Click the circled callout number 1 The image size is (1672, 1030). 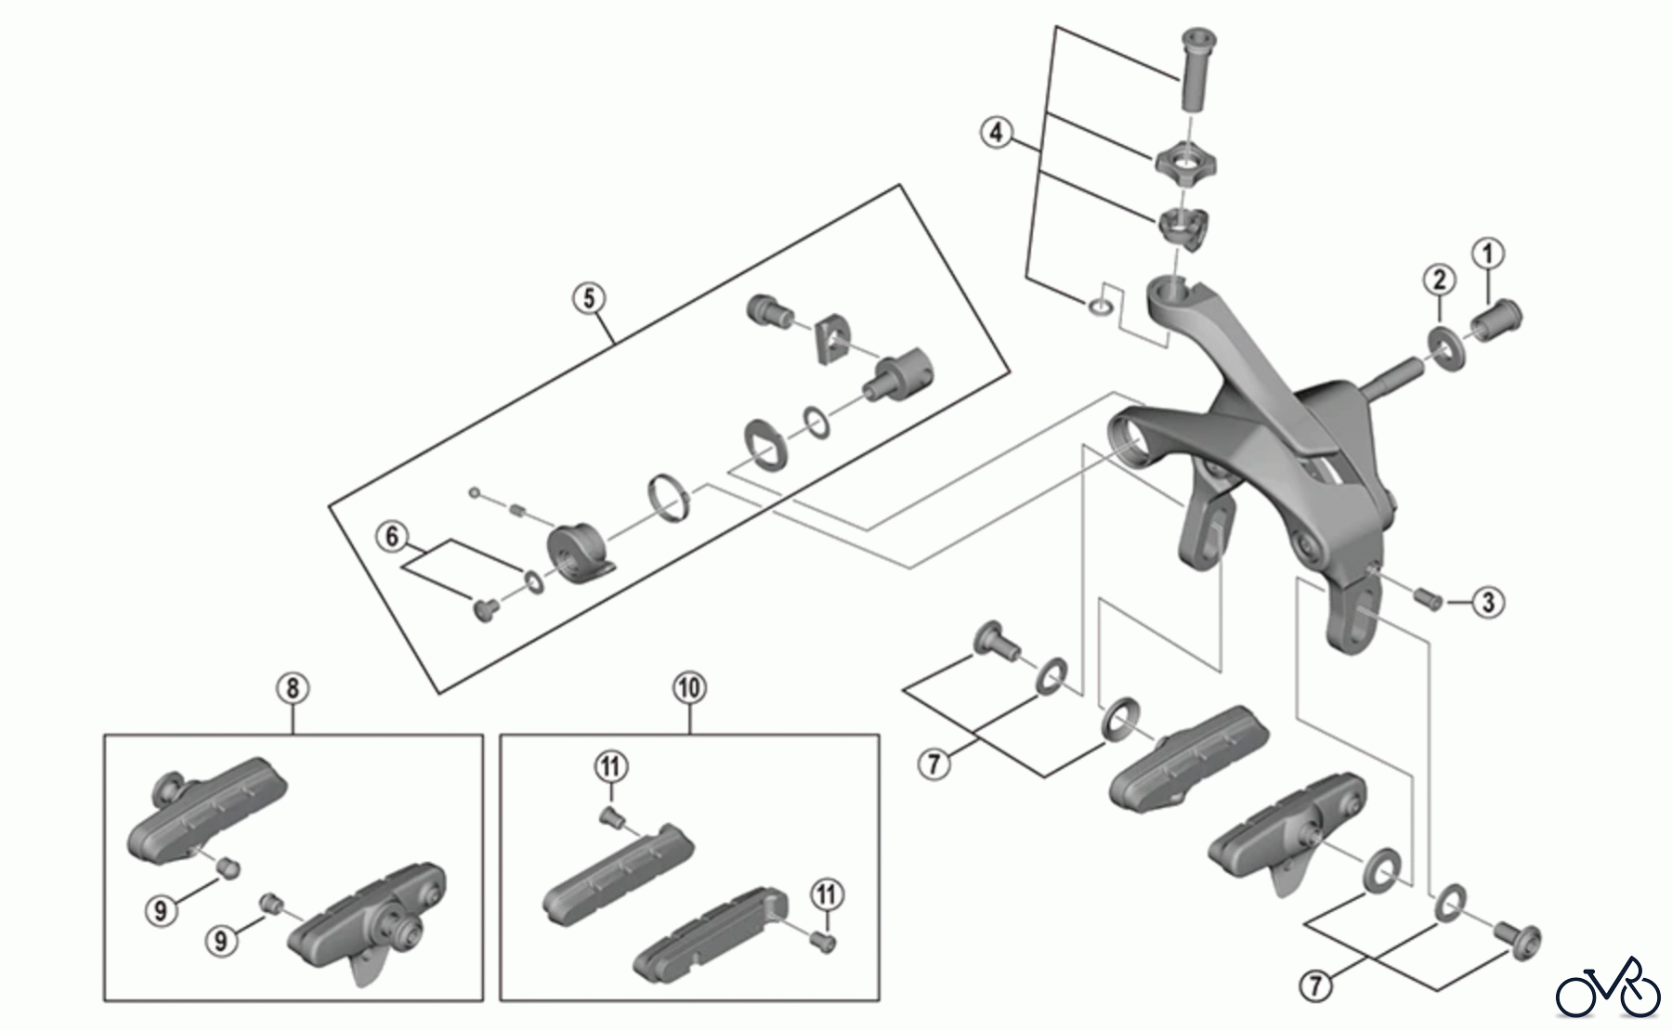tap(1489, 253)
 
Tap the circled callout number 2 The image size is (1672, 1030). tap(1439, 279)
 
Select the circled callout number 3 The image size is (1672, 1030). tap(1488, 602)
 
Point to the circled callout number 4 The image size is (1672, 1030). tap(996, 133)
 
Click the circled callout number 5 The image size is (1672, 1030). tap(589, 298)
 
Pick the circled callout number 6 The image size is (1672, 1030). tap(392, 536)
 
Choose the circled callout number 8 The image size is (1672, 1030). tap(293, 688)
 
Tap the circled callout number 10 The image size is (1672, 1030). tap(689, 688)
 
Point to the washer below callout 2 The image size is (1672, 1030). tap(1445, 346)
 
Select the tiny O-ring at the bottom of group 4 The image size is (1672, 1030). tap(1099, 306)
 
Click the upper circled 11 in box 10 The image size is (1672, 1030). tap(611, 766)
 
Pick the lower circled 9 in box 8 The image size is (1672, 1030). tap(220, 940)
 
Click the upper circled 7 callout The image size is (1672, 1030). tap(934, 764)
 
